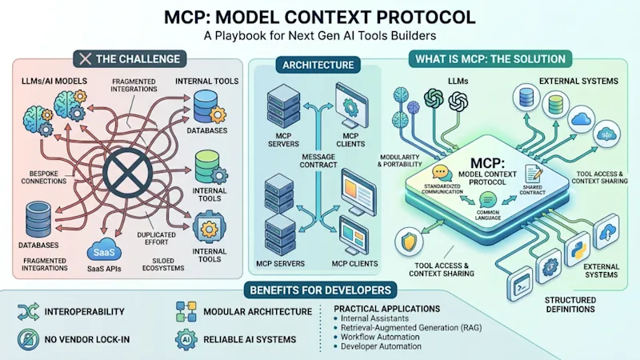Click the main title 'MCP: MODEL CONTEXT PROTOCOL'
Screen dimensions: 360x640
[320, 16]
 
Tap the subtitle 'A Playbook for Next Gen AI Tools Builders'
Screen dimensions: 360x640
[320, 37]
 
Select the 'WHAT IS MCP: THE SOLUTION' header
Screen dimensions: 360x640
[490, 58]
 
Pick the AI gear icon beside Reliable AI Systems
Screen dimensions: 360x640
[186, 338]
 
